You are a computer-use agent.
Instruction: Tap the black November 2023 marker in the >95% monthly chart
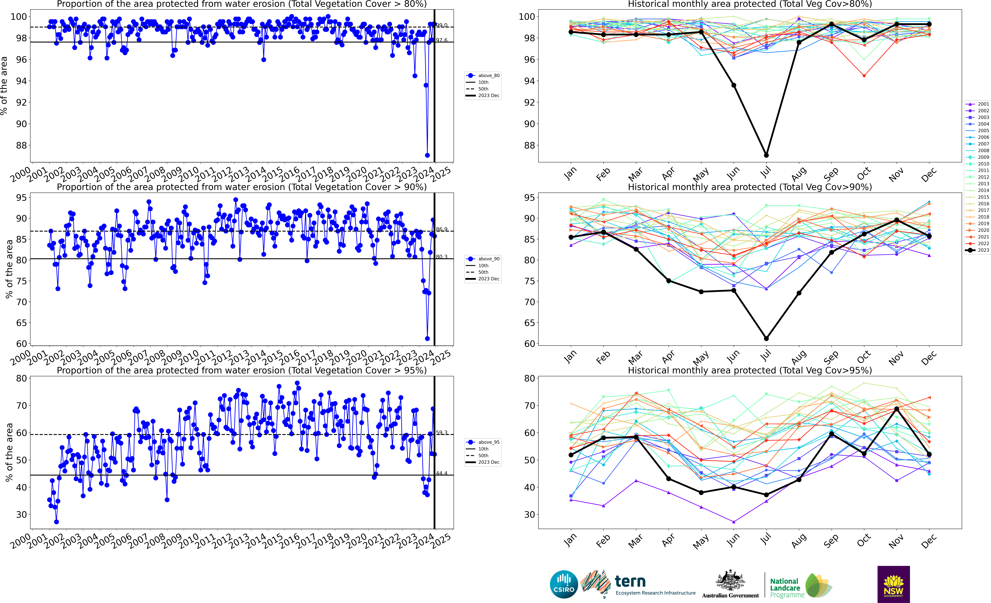click(896, 409)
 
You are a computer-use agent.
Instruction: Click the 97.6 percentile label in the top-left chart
click(442, 40)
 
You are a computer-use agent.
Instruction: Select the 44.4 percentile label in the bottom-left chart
click(442, 473)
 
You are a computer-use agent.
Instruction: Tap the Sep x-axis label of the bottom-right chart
click(831, 541)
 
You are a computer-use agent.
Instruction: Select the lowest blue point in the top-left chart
click(427, 155)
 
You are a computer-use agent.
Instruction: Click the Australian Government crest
click(730, 581)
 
